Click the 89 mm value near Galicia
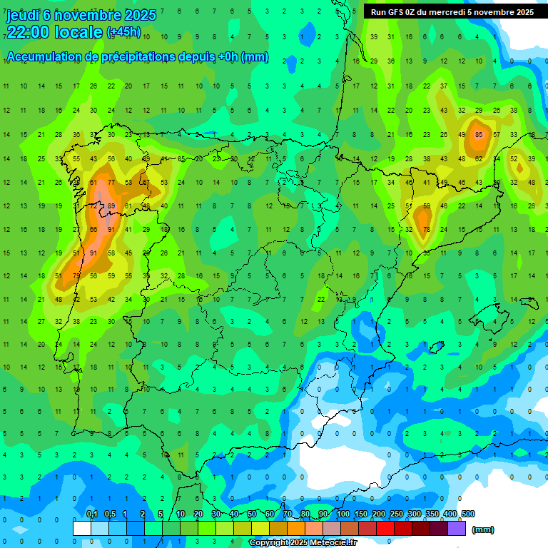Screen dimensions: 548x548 click(111, 206)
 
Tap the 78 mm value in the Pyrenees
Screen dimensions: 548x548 click(427, 229)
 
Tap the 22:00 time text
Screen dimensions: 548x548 click(33, 31)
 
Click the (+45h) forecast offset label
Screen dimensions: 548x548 click(123, 32)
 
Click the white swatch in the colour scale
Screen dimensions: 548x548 click(82, 528)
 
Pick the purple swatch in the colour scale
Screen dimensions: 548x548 click(457, 528)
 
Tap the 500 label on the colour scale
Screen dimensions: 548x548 click(467, 514)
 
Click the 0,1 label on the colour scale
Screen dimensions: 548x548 click(91, 514)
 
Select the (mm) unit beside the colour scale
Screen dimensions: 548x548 click(483, 529)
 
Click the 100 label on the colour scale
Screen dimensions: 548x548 click(342, 514)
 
